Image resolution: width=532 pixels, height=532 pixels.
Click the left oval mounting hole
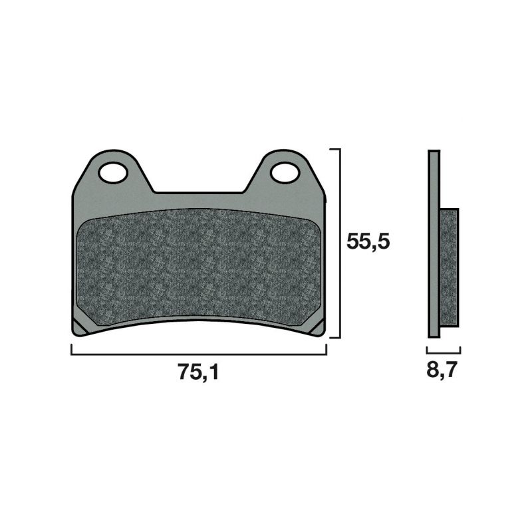(113, 172)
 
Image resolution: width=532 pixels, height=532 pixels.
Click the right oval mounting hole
(285, 172)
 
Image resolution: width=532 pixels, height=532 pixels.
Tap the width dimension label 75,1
(198, 373)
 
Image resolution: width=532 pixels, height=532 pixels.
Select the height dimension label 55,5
(368, 241)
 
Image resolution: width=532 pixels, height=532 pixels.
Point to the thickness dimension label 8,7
(442, 370)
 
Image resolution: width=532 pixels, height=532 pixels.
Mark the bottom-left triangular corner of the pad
(79, 327)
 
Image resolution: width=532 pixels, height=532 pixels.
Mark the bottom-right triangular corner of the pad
(319, 327)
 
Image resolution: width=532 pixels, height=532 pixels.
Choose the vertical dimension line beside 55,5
(340, 243)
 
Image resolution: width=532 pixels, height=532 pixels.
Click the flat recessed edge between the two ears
(199, 193)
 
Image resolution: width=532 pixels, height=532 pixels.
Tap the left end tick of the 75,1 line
(71, 350)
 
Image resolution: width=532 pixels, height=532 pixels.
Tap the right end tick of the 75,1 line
(326, 350)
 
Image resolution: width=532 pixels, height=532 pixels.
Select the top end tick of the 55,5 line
(336, 150)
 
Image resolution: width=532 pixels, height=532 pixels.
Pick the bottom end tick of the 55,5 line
(336, 337)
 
